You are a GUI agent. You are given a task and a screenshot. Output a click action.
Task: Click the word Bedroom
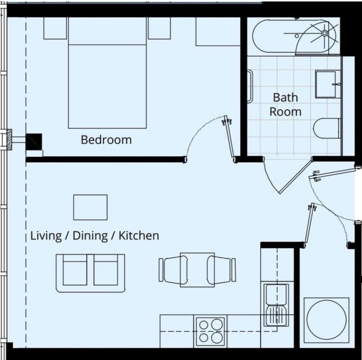(x=106, y=140)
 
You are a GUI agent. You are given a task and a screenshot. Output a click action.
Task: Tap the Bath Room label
(x=286, y=105)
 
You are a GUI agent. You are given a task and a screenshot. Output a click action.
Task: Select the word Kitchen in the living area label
(x=139, y=236)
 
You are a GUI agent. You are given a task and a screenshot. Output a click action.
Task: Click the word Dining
(x=90, y=236)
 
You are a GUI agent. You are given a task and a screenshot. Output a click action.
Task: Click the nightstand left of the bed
(x=55, y=28)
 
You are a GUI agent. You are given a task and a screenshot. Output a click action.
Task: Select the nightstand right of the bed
(x=159, y=28)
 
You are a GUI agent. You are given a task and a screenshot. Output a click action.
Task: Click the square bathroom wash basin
(x=328, y=84)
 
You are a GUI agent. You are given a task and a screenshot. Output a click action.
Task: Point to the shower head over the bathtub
(x=325, y=33)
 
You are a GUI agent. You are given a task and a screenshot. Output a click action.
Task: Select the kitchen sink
(x=276, y=305)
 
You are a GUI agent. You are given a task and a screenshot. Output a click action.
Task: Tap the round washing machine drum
(x=327, y=320)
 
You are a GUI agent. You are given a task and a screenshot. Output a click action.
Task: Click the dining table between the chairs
(x=197, y=270)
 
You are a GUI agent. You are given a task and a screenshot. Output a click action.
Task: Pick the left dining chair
(x=173, y=270)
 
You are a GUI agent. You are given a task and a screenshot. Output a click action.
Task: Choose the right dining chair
(x=222, y=270)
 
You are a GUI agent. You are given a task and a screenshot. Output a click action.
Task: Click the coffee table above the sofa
(x=90, y=207)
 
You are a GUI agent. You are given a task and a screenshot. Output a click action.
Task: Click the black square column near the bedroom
(x=34, y=142)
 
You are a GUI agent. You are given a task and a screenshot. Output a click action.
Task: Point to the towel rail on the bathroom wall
(x=250, y=87)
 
